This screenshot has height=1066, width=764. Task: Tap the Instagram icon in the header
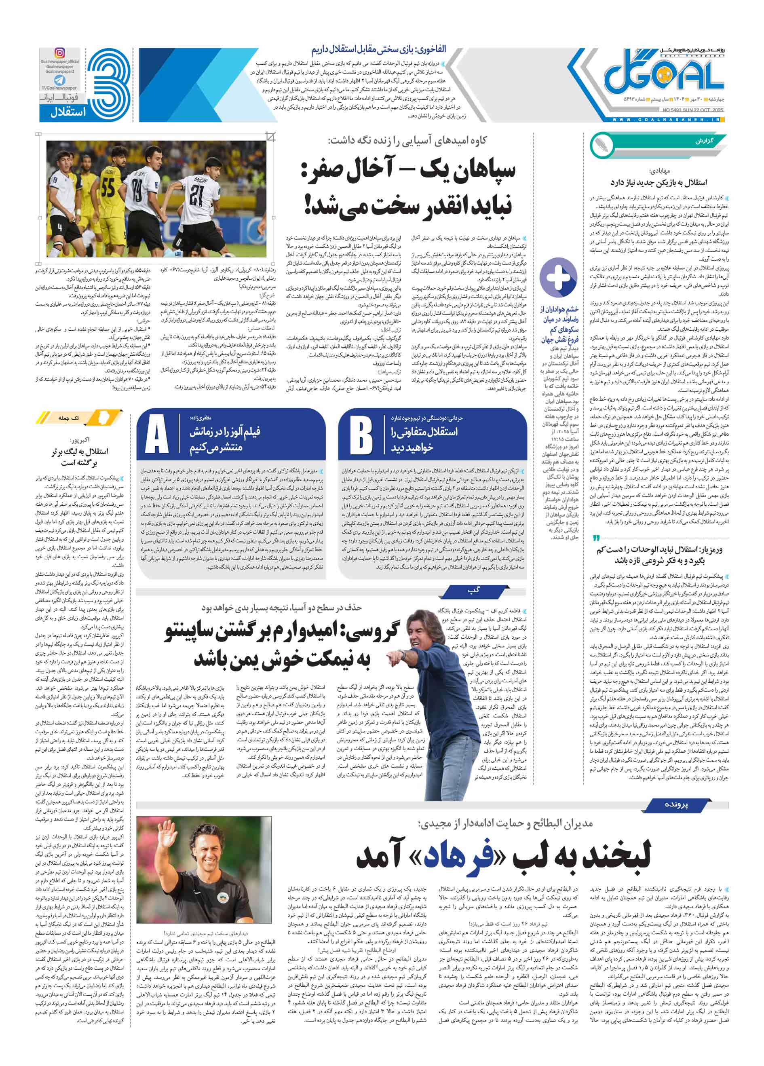coord(60,53)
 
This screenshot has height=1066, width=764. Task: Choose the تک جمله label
coord(69,418)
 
